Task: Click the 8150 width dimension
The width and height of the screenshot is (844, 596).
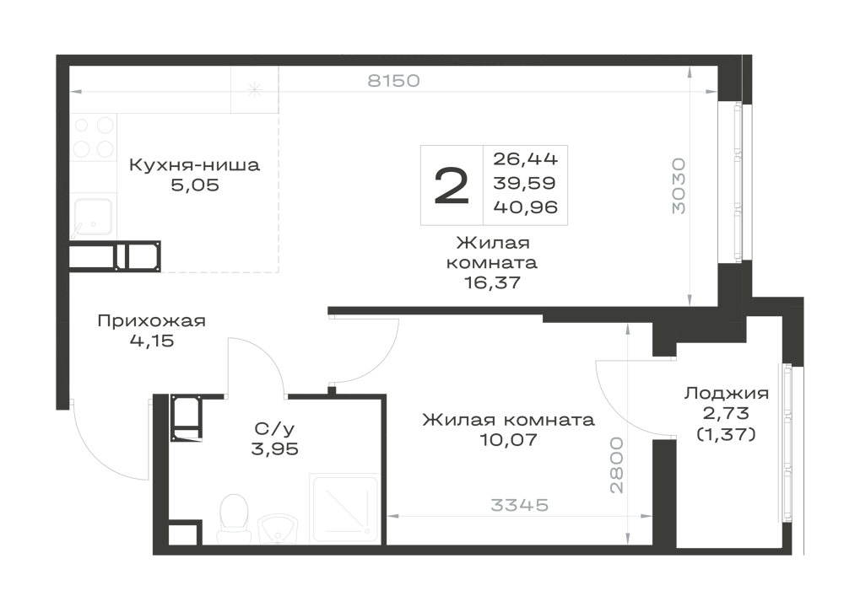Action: point(393,81)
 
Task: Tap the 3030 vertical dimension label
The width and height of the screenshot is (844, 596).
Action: point(679,186)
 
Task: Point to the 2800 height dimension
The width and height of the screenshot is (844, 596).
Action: point(617,465)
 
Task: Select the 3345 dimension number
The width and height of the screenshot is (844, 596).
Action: point(519,505)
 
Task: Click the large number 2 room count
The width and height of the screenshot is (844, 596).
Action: point(452,185)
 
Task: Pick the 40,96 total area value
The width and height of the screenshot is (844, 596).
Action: point(525,207)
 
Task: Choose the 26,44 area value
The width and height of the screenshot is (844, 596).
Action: point(525,159)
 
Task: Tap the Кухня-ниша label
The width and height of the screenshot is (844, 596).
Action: point(194,164)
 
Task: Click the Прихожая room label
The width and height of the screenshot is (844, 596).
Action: point(152,321)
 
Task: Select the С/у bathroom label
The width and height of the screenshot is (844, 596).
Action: point(274,429)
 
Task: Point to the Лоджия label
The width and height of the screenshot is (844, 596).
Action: point(726,394)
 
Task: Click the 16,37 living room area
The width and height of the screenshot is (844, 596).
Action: point(493,282)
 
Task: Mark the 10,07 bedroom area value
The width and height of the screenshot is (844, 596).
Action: point(508,440)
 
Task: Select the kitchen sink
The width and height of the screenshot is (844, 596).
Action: point(93,217)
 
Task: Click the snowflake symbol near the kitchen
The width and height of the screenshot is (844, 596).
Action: point(254,89)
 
